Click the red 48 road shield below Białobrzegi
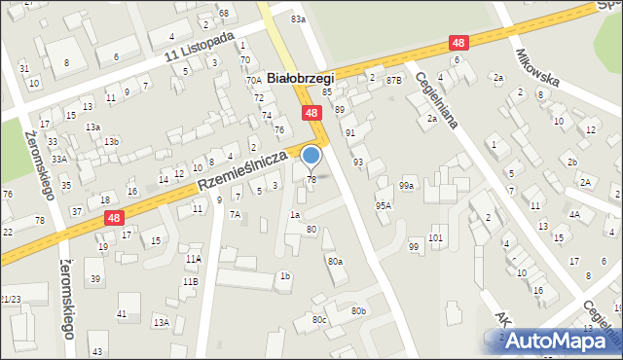(x=311, y=114)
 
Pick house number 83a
(x=298, y=18)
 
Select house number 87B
(x=393, y=79)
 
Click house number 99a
(x=407, y=185)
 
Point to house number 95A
(x=384, y=205)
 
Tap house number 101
(x=435, y=238)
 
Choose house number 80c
(x=319, y=319)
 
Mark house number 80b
(x=359, y=310)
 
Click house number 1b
(x=285, y=276)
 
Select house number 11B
(x=190, y=281)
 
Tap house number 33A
(x=58, y=159)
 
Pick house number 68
(x=223, y=13)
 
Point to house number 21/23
(x=10, y=300)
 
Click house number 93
(x=358, y=162)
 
